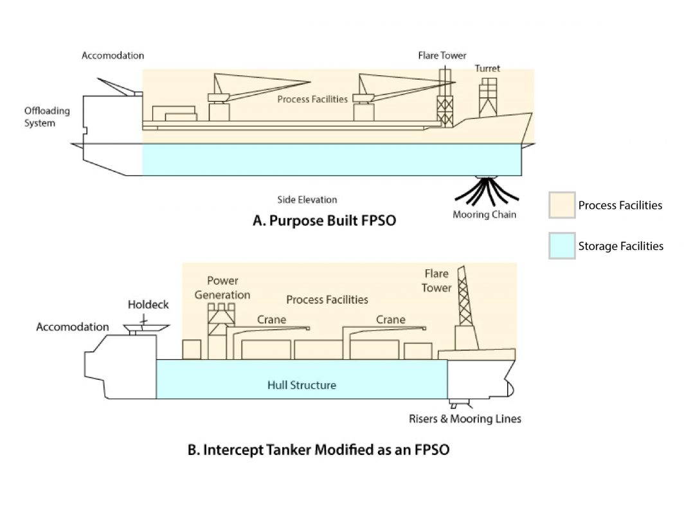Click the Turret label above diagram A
(x=487, y=68)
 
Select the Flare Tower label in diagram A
(x=442, y=55)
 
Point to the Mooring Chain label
(x=484, y=215)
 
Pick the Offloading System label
(x=47, y=116)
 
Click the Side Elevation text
(x=307, y=200)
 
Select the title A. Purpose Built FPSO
(x=324, y=220)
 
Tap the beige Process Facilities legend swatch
(x=561, y=206)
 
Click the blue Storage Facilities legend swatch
(x=561, y=246)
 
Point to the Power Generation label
(x=228, y=288)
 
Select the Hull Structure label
(x=301, y=386)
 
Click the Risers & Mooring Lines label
(x=465, y=419)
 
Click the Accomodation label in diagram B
(x=73, y=327)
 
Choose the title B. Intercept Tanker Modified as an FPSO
(x=318, y=450)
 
